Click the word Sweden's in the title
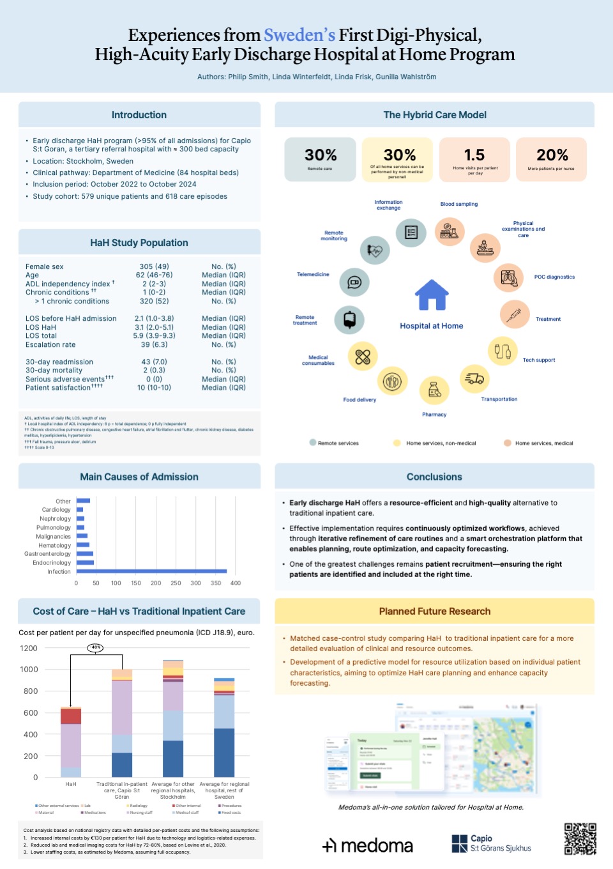pyautogui.click(x=299, y=35)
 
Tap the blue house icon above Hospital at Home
pyautogui.click(x=432, y=295)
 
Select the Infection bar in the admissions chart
pyautogui.click(x=151, y=571)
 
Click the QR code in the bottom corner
pyautogui.click(x=580, y=838)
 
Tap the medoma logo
pyautogui.click(x=368, y=845)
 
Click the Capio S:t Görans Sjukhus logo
pyautogui.click(x=491, y=843)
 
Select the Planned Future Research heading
pyautogui.click(x=434, y=611)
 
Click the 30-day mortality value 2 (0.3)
pyautogui.click(x=154, y=371)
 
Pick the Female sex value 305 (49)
pyautogui.click(x=154, y=266)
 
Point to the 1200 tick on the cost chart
pyautogui.click(x=29, y=648)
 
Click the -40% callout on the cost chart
pyautogui.click(x=95, y=647)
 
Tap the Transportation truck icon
pyautogui.click(x=474, y=379)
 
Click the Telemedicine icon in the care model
pyautogui.click(x=354, y=282)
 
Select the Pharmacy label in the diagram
pyautogui.click(x=434, y=415)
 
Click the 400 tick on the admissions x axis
pyautogui.click(x=236, y=583)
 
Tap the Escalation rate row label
pyautogui.click(x=50, y=344)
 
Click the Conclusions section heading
pyautogui.click(x=434, y=477)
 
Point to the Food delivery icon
pyautogui.click(x=392, y=381)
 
